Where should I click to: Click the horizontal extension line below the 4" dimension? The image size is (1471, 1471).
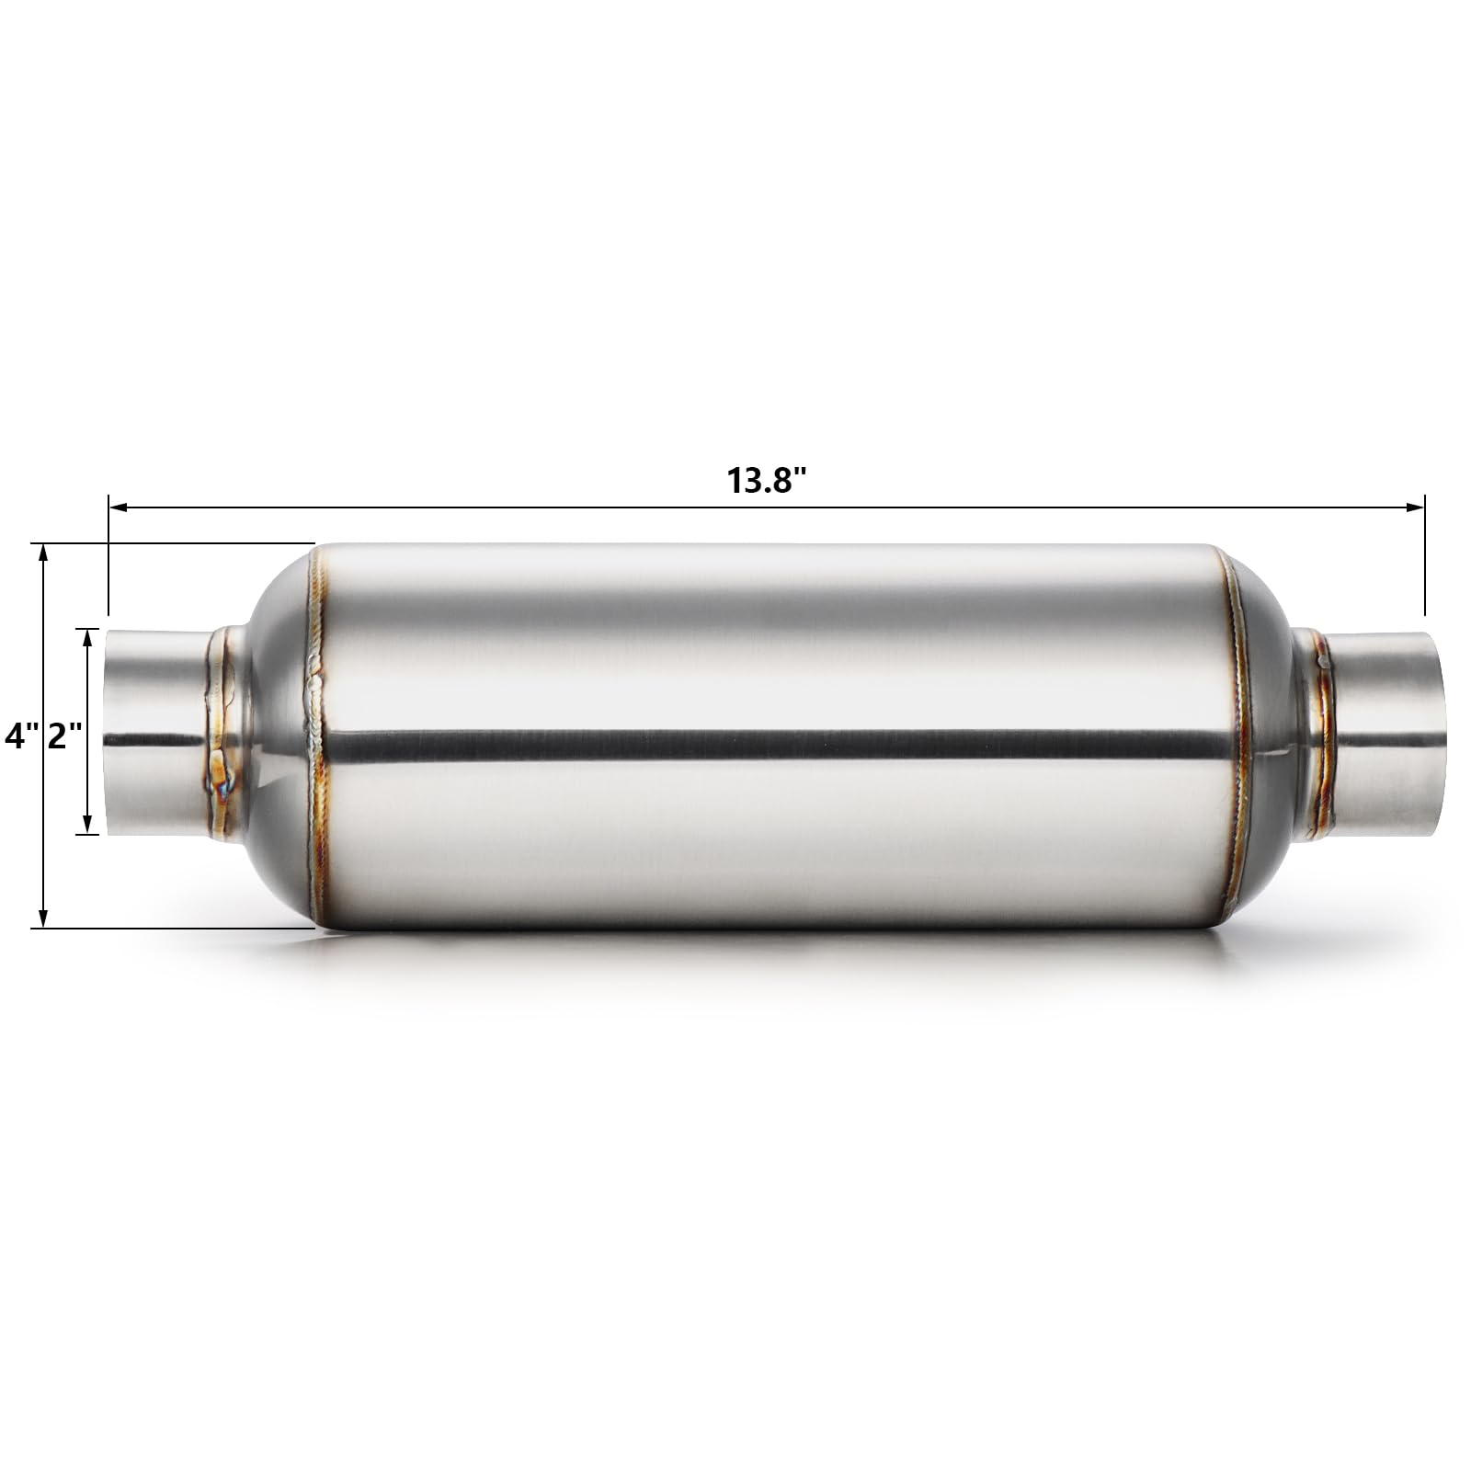(175, 929)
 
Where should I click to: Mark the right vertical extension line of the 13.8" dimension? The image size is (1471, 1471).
(1424, 561)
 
